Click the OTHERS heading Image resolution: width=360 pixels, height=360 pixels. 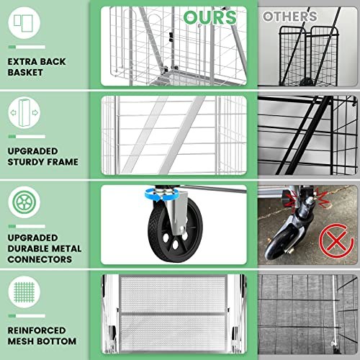pyautogui.click(x=289, y=16)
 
